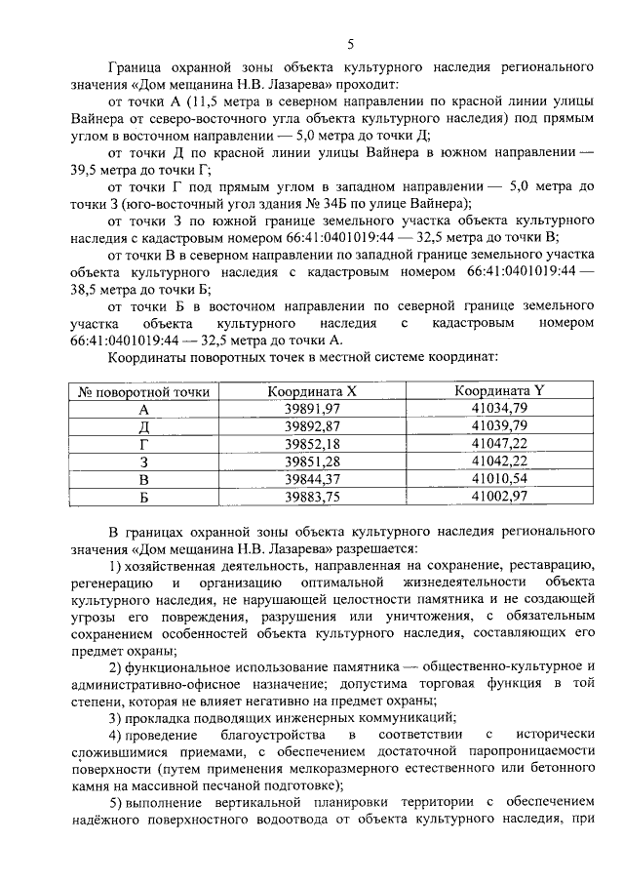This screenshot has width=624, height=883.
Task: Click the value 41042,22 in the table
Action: (x=498, y=461)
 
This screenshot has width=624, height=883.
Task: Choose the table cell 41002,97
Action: (x=498, y=496)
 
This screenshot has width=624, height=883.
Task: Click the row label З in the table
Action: (x=144, y=461)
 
